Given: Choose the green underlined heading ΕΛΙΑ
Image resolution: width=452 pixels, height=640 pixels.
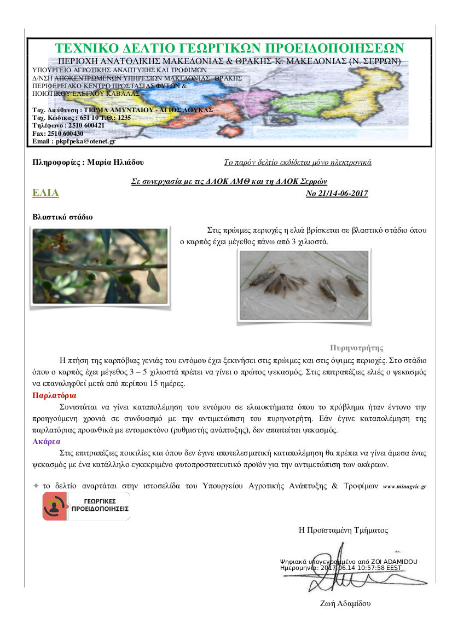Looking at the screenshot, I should [45, 193].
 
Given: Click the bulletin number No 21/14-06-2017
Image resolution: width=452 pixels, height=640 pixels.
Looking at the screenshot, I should [337, 194].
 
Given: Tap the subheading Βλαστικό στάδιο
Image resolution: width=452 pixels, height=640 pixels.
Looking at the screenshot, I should [63, 217].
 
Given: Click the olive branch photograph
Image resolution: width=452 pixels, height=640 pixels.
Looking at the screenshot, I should [100, 266].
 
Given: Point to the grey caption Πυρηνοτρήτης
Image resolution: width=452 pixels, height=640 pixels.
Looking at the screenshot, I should [357, 348].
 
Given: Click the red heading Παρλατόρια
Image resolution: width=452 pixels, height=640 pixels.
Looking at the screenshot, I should [54, 395].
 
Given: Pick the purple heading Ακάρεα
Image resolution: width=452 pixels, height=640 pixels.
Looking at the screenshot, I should [47, 441].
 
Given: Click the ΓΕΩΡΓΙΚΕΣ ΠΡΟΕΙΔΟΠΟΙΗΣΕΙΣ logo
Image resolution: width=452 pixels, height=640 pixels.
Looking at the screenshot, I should [86, 506].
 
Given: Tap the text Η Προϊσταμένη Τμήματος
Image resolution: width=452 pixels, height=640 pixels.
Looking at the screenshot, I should [343, 530].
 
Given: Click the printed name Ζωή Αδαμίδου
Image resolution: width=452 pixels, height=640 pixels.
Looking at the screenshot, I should [345, 604].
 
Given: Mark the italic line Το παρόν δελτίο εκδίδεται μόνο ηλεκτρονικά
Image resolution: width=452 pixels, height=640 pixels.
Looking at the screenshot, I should [298, 163].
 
